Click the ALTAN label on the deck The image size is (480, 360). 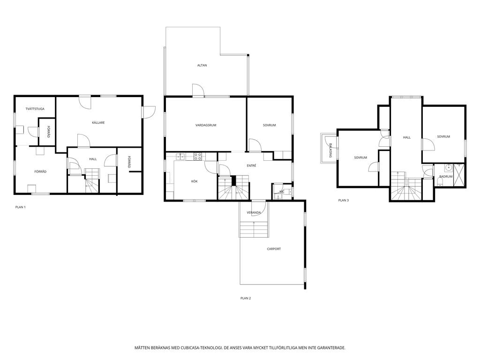coord(202,65)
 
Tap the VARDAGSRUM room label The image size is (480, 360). coord(206,125)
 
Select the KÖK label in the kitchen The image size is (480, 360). coord(195,181)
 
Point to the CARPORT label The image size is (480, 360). coord(274,249)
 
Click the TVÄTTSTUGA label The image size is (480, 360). coord(35,109)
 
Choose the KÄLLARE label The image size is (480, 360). coord(98,122)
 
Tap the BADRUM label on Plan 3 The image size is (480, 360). coord(446,177)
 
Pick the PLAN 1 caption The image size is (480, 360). coord(21,207)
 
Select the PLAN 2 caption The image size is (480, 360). coord(246,298)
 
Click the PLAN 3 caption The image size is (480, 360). coord(344,201)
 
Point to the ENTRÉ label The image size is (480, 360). coord(251,165)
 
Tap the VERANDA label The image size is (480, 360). coord(254,213)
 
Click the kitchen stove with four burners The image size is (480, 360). coord(198,157)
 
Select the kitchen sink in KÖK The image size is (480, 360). coord(180,157)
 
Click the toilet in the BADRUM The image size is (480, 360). coord(440,183)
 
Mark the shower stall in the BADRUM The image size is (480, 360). coord(459,174)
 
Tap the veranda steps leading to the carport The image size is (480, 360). coord(255,229)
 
